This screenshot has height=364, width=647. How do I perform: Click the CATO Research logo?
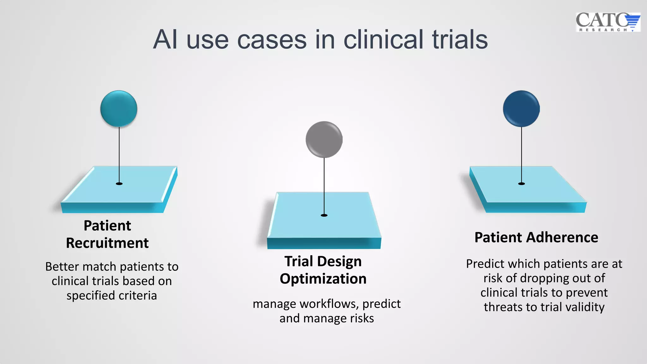click(608, 22)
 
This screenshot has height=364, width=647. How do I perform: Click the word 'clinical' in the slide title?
click(383, 40)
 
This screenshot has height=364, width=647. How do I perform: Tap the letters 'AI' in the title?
click(165, 40)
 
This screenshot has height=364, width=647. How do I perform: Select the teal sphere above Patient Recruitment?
click(119, 109)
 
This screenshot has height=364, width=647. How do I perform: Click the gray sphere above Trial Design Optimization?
click(324, 139)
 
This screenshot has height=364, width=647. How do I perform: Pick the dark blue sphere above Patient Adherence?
click(521, 109)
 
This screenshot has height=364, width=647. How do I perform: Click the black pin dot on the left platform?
click(119, 184)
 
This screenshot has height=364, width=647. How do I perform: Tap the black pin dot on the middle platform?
click(324, 215)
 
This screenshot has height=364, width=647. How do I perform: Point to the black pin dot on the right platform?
click(522, 184)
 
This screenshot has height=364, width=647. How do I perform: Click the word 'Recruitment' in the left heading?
click(107, 243)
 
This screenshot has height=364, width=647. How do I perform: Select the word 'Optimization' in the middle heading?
click(323, 279)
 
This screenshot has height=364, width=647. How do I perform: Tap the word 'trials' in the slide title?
click(460, 40)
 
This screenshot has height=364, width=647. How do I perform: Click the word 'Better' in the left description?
click(62, 267)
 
